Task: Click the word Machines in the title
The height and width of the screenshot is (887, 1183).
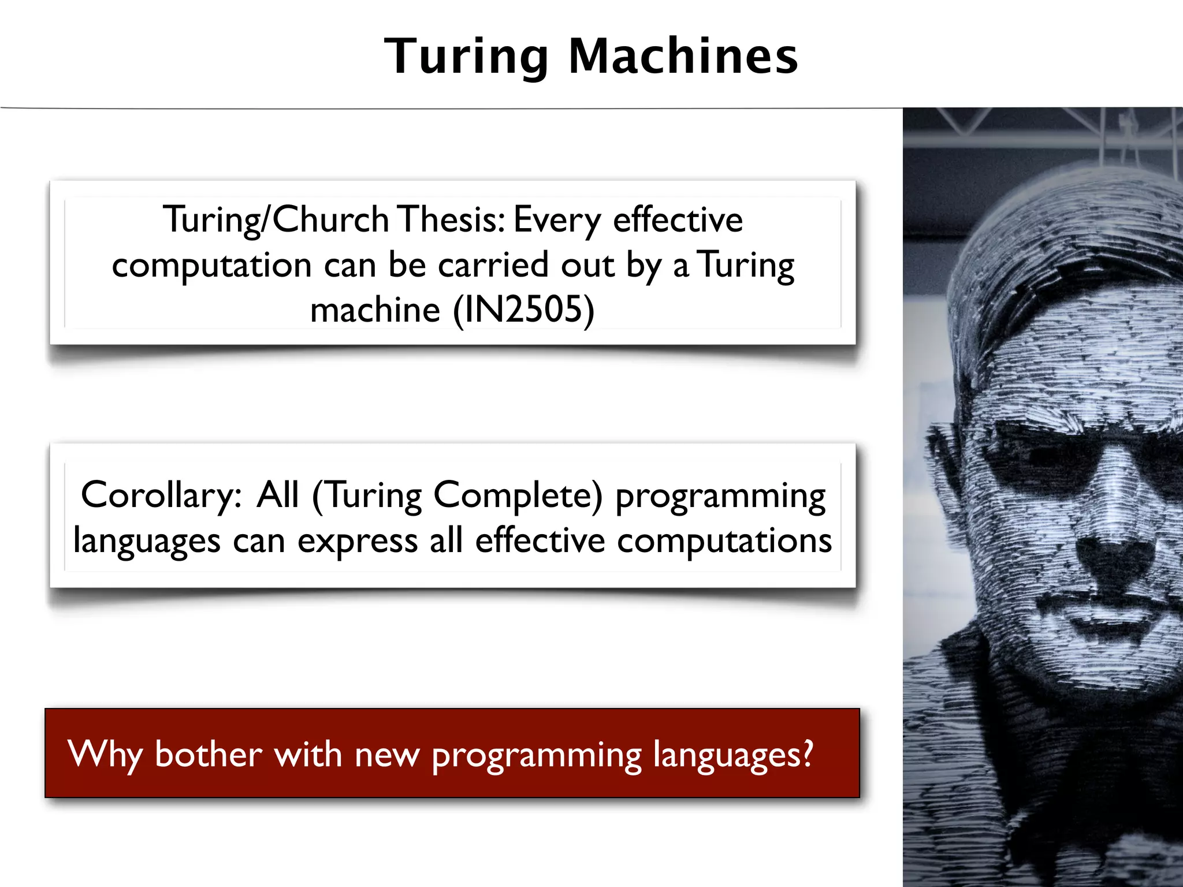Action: (x=683, y=56)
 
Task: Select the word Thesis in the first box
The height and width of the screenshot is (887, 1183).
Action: (x=452, y=219)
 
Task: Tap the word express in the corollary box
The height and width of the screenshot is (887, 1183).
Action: (x=357, y=542)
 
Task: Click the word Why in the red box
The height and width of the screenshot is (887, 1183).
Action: (x=105, y=755)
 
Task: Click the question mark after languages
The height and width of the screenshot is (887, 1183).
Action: (x=807, y=752)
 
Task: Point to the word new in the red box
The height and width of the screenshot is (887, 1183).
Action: (x=386, y=755)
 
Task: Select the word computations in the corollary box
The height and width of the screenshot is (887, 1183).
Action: (x=724, y=541)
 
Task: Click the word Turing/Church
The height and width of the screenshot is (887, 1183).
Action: (x=276, y=221)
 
